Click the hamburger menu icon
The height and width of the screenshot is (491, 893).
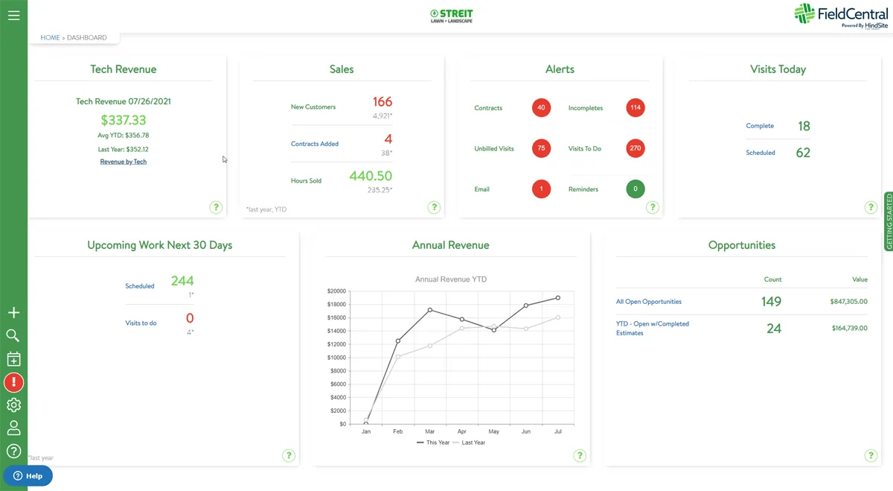coord(13,15)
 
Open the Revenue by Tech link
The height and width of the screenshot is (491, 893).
coord(124,162)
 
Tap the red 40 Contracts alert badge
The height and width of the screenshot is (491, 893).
coord(541,108)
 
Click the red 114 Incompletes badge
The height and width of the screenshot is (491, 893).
coord(635,108)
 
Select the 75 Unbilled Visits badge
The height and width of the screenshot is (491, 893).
coord(541,148)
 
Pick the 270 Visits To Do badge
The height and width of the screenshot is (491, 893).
coord(635,148)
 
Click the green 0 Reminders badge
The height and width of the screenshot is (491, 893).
coord(635,189)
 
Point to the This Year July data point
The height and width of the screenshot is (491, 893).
coord(558,298)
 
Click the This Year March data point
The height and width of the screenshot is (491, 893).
coord(430,310)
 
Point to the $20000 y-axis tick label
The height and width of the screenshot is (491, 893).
coord(336,291)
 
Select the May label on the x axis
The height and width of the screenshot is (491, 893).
coord(494,431)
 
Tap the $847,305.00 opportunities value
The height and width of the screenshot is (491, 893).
coord(848,302)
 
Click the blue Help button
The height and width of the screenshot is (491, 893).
coord(28,476)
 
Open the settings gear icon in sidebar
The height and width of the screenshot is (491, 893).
coord(13,405)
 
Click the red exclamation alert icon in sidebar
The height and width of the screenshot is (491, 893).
coord(13,383)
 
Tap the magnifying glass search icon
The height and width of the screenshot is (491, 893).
coord(13,336)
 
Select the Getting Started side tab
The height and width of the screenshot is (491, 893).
coord(889,221)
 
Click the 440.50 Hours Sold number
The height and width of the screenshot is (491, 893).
coord(370,177)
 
